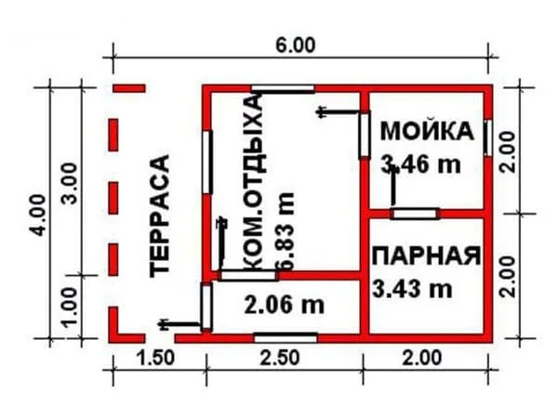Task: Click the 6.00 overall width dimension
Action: click(x=296, y=46)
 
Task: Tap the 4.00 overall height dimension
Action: click(x=38, y=216)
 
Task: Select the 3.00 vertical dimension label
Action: click(x=70, y=183)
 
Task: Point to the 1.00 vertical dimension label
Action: click(x=70, y=307)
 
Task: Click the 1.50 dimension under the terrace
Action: click(x=156, y=359)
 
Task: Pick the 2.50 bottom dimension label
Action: click(x=280, y=359)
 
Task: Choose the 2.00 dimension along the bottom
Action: click(x=422, y=359)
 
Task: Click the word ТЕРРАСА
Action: click(x=159, y=216)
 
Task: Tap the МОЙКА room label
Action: click(x=428, y=131)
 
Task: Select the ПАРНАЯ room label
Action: click(x=426, y=255)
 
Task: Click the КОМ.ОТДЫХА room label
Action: click(x=253, y=183)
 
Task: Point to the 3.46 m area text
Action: click(x=420, y=164)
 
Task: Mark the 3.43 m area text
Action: click(x=412, y=289)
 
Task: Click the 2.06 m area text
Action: click(x=285, y=305)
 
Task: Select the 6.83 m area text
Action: click(x=286, y=231)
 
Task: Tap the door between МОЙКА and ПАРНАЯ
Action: click(x=414, y=214)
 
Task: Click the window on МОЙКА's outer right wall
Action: click(x=488, y=137)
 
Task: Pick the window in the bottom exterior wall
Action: click(x=286, y=338)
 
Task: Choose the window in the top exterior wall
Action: click(x=283, y=89)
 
